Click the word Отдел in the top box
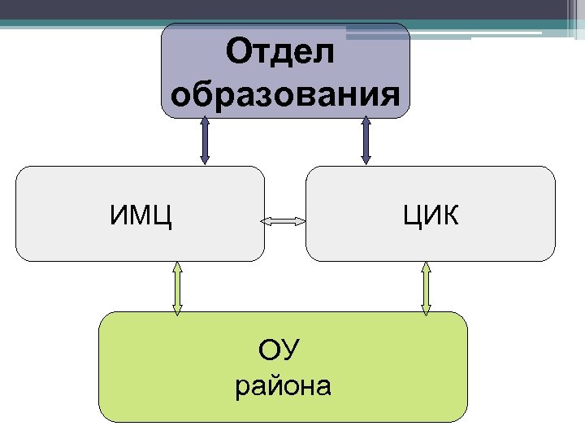tap(280, 54)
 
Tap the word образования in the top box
tap(286, 94)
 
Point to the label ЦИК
tap(430, 217)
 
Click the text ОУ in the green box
tap(279, 351)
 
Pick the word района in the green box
tap(283, 385)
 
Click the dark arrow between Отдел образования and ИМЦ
tap(206, 141)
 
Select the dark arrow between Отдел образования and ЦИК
tap(366, 141)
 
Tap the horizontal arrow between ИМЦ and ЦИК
tap(282, 220)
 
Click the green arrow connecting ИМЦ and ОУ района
tap(177, 287)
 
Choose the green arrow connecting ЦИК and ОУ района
tap(425, 287)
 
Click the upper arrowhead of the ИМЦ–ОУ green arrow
tap(177, 267)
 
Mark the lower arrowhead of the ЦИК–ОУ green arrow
tap(425, 309)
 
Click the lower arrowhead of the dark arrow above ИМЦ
tap(206, 160)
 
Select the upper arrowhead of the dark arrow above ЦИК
tap(366, 122)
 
